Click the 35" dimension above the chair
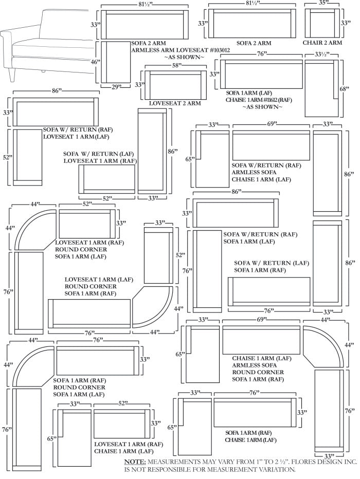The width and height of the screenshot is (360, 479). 323,3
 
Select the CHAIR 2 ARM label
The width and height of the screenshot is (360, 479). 322,43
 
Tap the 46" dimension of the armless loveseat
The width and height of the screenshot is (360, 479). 95,62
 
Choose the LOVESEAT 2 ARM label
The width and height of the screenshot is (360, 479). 175,103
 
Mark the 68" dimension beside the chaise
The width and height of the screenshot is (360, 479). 345,88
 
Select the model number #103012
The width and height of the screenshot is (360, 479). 216,50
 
